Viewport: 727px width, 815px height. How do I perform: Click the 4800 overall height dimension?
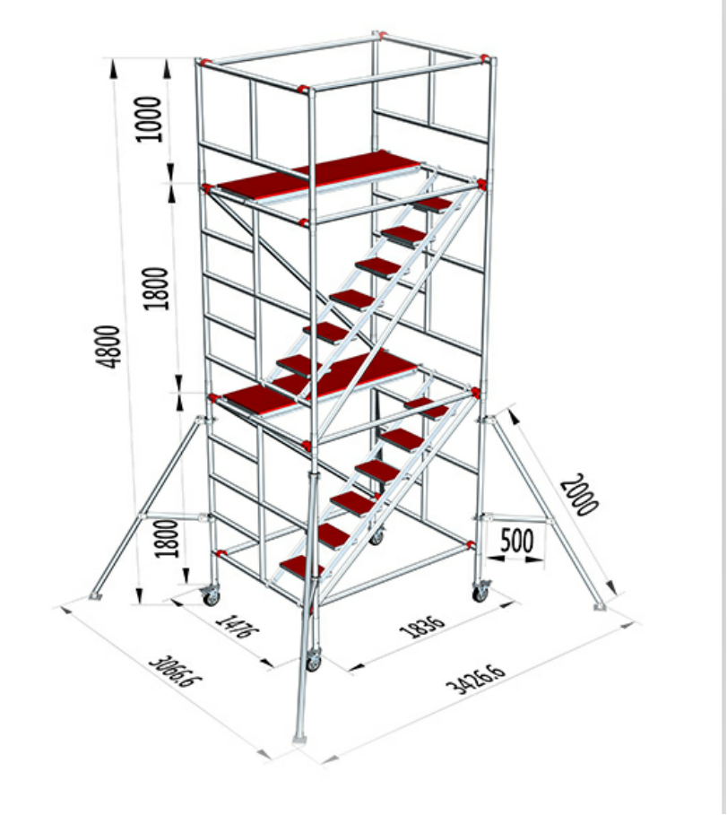coord(108,347)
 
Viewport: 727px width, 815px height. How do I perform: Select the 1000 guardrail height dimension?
coord(149,118)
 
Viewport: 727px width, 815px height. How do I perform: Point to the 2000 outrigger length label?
coord(579,494)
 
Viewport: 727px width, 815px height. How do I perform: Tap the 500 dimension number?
coord(516,540)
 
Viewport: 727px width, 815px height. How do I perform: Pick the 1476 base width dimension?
coord(237,625)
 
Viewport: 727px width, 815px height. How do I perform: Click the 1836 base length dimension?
coord(422,627)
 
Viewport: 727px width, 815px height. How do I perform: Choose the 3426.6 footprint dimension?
coord(475,679)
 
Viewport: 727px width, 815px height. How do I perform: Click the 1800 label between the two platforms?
coord(156,289)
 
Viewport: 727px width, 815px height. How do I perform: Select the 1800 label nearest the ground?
coord(168,539)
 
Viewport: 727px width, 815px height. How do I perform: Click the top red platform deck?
coord(318,175)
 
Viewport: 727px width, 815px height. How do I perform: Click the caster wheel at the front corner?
coord(313,660)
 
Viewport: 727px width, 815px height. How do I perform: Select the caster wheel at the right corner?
coord(480,592)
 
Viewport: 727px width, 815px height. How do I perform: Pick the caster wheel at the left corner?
coord(211,595)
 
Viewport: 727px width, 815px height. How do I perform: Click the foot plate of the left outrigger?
coord(95,595)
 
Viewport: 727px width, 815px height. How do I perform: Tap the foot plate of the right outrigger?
coord(601,607)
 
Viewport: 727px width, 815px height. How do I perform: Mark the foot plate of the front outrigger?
coord(299,739)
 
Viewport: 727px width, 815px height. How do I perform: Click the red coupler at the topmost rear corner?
coord(381,35)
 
